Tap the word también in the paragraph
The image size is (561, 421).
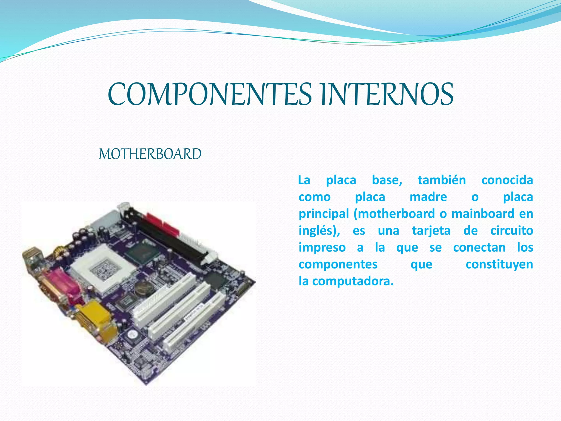coord(442,180)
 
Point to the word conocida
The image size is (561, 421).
coord(507,180)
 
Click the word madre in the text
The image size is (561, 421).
coord(428,197)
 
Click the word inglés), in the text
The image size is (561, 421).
coord(319,231)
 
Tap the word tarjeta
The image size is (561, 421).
coord(431,231)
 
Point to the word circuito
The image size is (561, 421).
coord(512,231)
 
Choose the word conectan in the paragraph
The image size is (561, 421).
coord(479,248)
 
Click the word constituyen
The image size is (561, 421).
coord(499,264)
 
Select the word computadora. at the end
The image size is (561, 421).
coord(353,281)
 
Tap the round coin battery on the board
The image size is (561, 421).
coord(143,288)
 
